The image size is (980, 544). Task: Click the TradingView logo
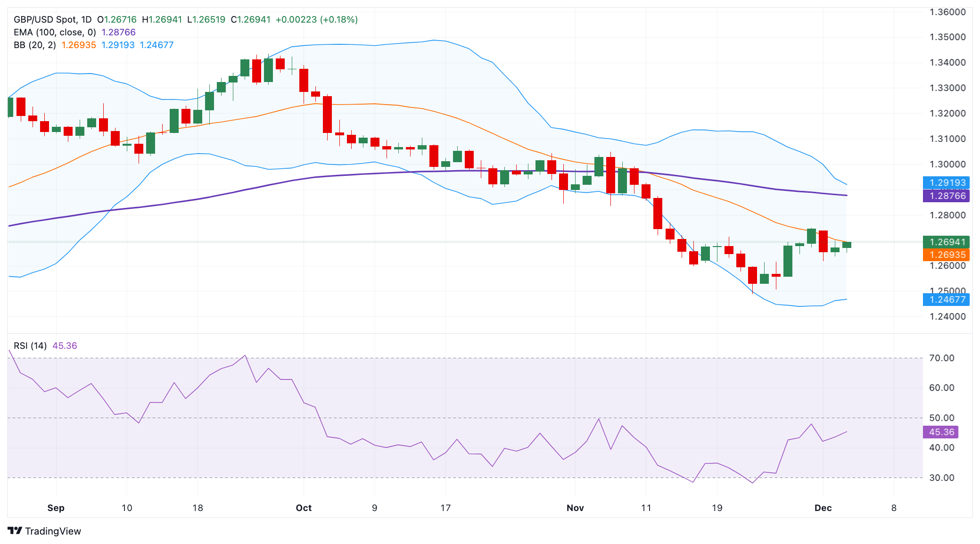(45, 531)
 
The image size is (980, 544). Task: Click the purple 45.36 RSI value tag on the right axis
(941, 432)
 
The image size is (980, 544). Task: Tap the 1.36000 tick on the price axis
(947, 12)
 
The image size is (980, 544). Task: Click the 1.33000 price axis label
(947, 88)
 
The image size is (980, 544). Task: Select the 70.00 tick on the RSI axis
(941, 358)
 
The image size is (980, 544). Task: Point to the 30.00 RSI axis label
(941, 478)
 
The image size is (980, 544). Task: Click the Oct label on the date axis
(304, 508)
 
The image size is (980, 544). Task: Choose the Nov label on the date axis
(575, 508)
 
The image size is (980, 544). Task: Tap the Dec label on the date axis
(823, 508)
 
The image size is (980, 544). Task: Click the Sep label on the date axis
(56, 508)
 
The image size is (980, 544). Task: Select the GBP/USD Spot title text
(45, 19)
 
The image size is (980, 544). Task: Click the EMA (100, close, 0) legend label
(55, 32)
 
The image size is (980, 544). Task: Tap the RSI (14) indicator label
(30, 346)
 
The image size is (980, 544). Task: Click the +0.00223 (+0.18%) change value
(316, 19)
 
